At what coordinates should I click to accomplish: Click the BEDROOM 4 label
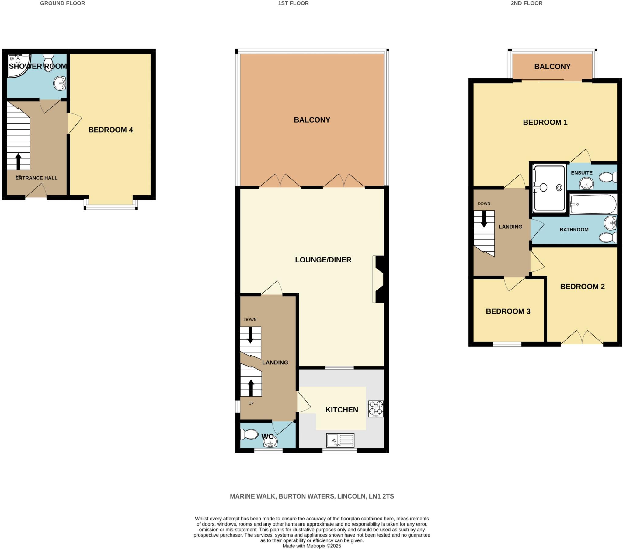[111, 130]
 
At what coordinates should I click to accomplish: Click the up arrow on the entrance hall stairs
[18, 161]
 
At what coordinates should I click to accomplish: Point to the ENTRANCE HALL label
[36, 178]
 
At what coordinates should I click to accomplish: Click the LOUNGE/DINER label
[323, 260]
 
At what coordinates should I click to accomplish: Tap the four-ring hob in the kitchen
[376, 408]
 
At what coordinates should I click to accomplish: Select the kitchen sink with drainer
[340, 440]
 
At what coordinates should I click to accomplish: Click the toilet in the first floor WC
[249, 434]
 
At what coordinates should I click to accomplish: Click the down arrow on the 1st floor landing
[250, 335]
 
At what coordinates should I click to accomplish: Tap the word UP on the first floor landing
[251, 403]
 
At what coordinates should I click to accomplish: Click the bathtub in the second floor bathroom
[593, 204]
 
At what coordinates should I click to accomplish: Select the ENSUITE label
[582, 173]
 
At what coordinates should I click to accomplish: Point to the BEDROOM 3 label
[508, 311]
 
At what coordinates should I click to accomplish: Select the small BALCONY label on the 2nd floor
[552, 67]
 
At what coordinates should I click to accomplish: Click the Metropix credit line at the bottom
[312, 546]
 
